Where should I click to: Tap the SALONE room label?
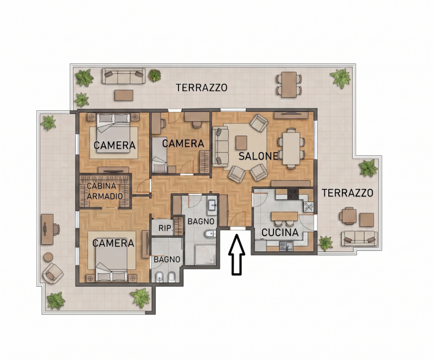click(x=258, y=156)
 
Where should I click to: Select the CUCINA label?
click(x=280, y=232)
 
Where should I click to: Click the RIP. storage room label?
click(x=165, y=228)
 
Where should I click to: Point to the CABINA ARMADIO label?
click(x=105, y=191)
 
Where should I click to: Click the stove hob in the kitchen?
click(x=293, y=194)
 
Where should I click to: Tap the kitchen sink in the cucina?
click(x=286, y=246)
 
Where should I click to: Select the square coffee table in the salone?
click(x=241, y=143)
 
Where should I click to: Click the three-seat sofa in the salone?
click(x=221, y=147)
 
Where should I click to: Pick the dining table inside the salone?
click(x=291, y=148)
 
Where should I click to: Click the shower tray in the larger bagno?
click(x=206, y=255)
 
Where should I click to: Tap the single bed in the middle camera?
click(x=159, y=155)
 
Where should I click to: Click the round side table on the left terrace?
click(x=49, y=257)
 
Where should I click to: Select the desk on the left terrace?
click(x=47, y=229)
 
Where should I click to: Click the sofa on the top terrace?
click(x=124, y=76)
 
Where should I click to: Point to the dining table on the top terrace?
click(x=289, y=85)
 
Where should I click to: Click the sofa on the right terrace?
click(x=359, y=238)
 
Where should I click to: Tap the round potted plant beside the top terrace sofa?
click(x=155, y=75)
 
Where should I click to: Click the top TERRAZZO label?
click(x=201, y=87)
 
